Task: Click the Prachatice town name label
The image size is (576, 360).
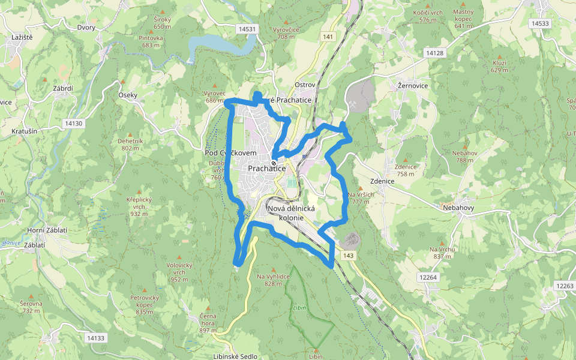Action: pos(268,170)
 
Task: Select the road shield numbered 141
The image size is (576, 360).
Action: pos(328,37)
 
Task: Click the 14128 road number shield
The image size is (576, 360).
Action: pos(434,53)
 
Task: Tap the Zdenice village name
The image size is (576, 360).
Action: pos(382,181)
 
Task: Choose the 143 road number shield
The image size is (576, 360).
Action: pos(349,256)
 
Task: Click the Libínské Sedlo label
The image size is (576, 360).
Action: pos(235,356)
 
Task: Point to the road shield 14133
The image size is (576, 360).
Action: pos(95,338)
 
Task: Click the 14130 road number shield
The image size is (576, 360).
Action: pos(73,123)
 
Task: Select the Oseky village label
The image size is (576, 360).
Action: pos(128,95)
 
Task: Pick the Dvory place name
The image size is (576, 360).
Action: pos(86,28)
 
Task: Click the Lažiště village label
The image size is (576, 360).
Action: pos(22,37)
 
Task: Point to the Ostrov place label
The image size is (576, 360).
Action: pos(305,85)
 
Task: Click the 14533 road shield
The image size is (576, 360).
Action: pos(540,23)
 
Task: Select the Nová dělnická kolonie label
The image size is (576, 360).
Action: pos(292,212)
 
